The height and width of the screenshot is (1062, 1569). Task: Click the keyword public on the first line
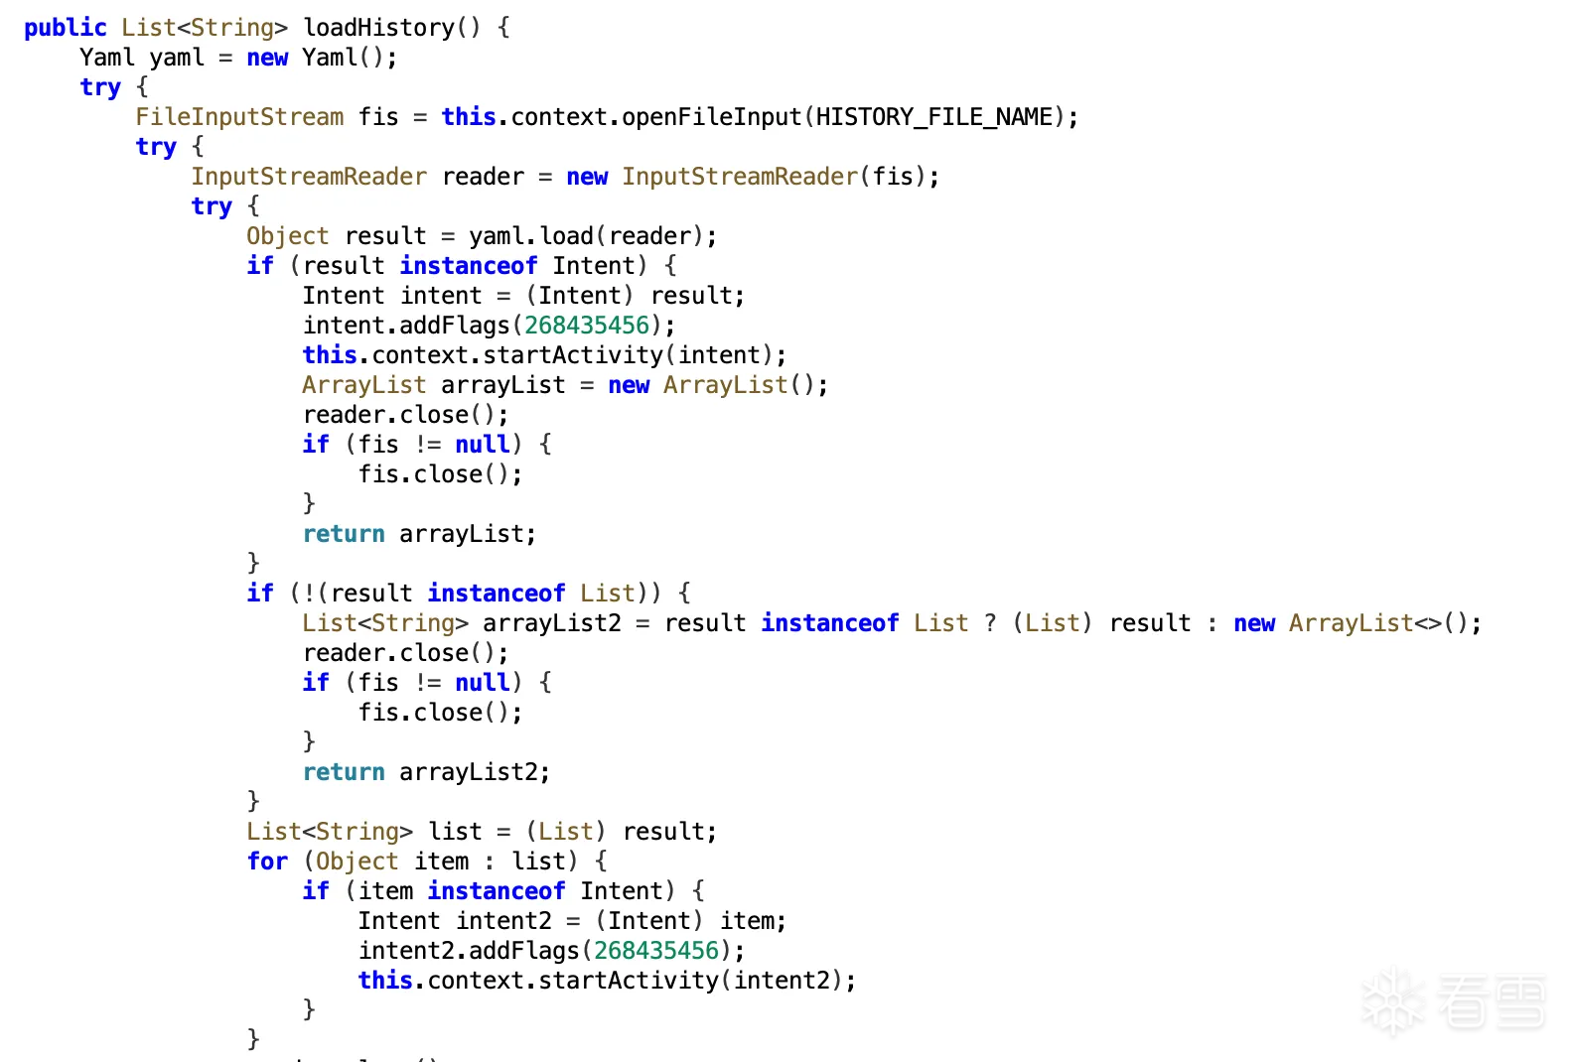[x=66, y=28]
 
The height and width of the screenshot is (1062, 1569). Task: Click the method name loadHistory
[x=379, y=28]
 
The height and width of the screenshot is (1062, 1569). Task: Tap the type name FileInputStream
[x=239, y=117]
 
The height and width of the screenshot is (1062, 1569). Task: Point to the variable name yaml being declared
[x=177, y=58]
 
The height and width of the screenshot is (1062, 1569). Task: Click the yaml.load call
[x=531, y=236]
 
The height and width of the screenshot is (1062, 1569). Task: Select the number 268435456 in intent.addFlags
[x=587, y=326]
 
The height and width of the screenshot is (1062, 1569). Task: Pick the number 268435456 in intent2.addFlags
[x=656, y=951]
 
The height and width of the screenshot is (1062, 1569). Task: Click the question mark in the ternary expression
[x=990, y=623]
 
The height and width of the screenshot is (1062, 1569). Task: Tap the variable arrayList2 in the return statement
[x=469, y=772]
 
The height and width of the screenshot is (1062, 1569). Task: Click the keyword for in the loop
[x=267, y=862]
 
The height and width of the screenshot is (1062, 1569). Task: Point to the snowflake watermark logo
[x=1392, y=1001]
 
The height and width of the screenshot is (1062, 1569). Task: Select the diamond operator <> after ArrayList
[x=1428, y=623]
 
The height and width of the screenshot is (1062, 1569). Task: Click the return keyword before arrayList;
[x=344, y=534]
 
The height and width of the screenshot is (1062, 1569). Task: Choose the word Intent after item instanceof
[x=622, y=891]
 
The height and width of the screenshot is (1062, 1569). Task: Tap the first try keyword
[x=100, y=87]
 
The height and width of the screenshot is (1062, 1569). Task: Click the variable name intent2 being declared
[x=503, y=921]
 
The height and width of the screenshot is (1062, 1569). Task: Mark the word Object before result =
[x=288, y=236]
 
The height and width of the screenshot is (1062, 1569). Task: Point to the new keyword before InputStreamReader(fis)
[x=587, y=177]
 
